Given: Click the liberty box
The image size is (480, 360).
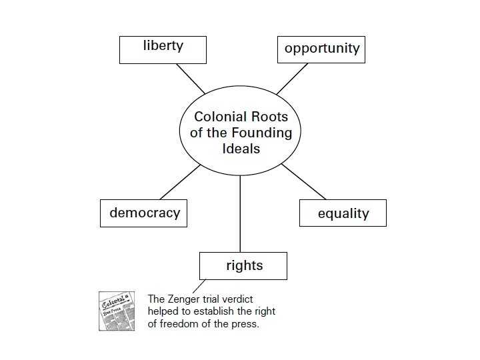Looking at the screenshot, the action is coord(163,48).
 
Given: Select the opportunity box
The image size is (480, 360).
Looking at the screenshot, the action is coord(321,49).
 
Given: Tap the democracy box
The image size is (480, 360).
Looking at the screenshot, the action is coord(144,213).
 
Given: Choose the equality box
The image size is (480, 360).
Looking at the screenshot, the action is coord(343,213).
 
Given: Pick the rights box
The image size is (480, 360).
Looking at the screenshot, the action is coord(243,265).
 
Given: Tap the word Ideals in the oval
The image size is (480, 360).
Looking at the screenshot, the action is coord(241,148).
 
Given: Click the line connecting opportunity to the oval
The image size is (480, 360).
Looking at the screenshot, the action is coord(292,79).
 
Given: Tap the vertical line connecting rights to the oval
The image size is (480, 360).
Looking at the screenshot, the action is coord(240,213).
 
